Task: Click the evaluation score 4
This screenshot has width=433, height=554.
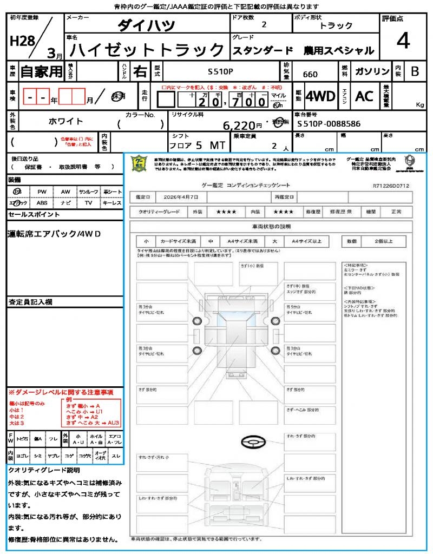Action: coord(402,41)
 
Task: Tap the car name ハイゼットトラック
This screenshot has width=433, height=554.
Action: coord(147,50)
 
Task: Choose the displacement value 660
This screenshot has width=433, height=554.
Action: coord(310,74)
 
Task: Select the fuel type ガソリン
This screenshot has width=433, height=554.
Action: coord(371,71)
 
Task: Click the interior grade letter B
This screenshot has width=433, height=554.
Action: coord(415,71)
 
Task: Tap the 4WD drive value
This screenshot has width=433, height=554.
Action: coord(320,96)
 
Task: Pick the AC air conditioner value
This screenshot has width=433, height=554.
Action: coord(364,96)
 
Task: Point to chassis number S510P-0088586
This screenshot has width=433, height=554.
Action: coord(329,124)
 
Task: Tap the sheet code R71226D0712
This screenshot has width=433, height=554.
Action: coord(391,186)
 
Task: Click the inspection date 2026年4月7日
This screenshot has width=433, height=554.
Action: coord(183,196)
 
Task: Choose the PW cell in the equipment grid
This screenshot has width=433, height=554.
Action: coord(42,192)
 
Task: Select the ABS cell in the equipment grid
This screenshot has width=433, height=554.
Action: coord(42,203)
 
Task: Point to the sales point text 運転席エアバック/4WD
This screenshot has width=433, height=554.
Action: coord(54,234)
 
